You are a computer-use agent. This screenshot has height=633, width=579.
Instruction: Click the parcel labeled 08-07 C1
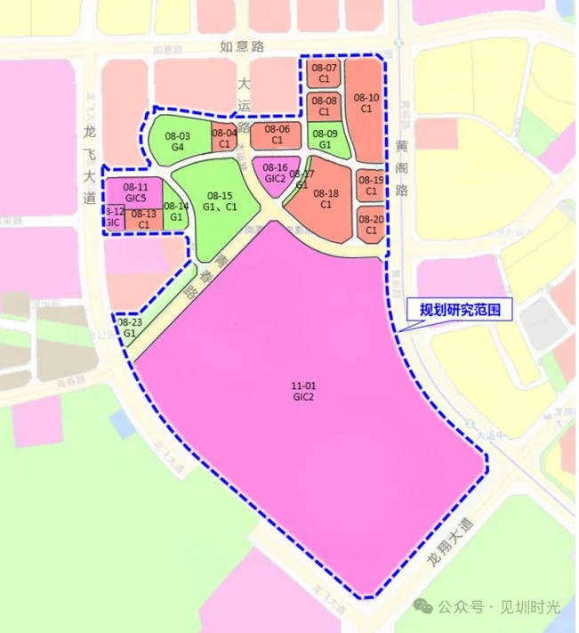point(324,73)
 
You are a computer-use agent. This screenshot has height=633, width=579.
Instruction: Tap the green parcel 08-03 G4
point(178,141)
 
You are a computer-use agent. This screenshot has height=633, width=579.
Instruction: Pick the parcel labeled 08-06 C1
point(277,134)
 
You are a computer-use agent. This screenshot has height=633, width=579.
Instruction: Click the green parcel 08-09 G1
point(325,138)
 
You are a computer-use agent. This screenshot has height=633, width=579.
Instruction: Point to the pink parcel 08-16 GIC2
point(275,172)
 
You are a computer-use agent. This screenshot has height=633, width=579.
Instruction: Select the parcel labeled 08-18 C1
point(326,198)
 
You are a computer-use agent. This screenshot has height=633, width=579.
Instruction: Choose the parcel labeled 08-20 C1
point(371,224)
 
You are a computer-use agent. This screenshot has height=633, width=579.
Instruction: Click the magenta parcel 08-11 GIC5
point(135,191)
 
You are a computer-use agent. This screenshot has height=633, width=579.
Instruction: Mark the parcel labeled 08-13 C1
point(143,218)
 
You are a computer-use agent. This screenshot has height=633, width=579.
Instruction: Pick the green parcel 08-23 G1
point(130,327)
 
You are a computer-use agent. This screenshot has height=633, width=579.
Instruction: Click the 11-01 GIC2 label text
point(303,391)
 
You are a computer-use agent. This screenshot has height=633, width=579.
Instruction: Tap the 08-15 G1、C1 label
point(219,200)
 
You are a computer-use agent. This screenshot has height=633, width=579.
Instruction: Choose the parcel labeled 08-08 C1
point(324,106)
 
